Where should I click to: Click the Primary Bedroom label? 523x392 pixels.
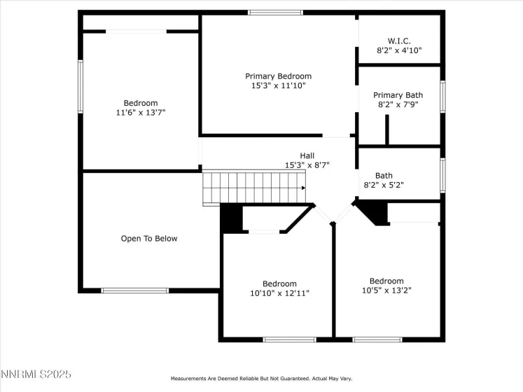pos(278,76)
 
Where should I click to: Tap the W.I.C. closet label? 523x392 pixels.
pos(399,41)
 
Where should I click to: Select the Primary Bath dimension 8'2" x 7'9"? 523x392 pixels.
pos(397,105)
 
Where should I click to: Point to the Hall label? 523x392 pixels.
pos(307,155)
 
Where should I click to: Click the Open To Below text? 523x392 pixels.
pos(149,239)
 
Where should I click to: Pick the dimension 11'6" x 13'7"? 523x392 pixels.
pos(141,113)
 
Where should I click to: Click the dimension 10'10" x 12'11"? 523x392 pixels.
pos(279,293)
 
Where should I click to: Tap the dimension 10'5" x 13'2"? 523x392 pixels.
pos(386,290)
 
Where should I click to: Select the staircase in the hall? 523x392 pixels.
pos(254,188)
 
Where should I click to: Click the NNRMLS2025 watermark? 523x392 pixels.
pos(36,375)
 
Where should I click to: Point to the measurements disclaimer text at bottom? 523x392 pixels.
pos(262,377)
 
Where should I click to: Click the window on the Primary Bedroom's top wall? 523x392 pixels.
pos(275,13)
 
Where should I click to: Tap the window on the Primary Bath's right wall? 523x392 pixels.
pos(442,97)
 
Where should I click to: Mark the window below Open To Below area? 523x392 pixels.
pos(134,290)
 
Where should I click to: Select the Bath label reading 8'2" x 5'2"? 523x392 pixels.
pos(384,181)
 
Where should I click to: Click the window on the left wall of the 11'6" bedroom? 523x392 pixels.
pos(81,87)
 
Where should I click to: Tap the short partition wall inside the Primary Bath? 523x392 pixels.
pos(386,129)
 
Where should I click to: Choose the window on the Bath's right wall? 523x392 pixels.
pos(442,175)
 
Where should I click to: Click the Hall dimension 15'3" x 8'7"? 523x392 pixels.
pos(307,165)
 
